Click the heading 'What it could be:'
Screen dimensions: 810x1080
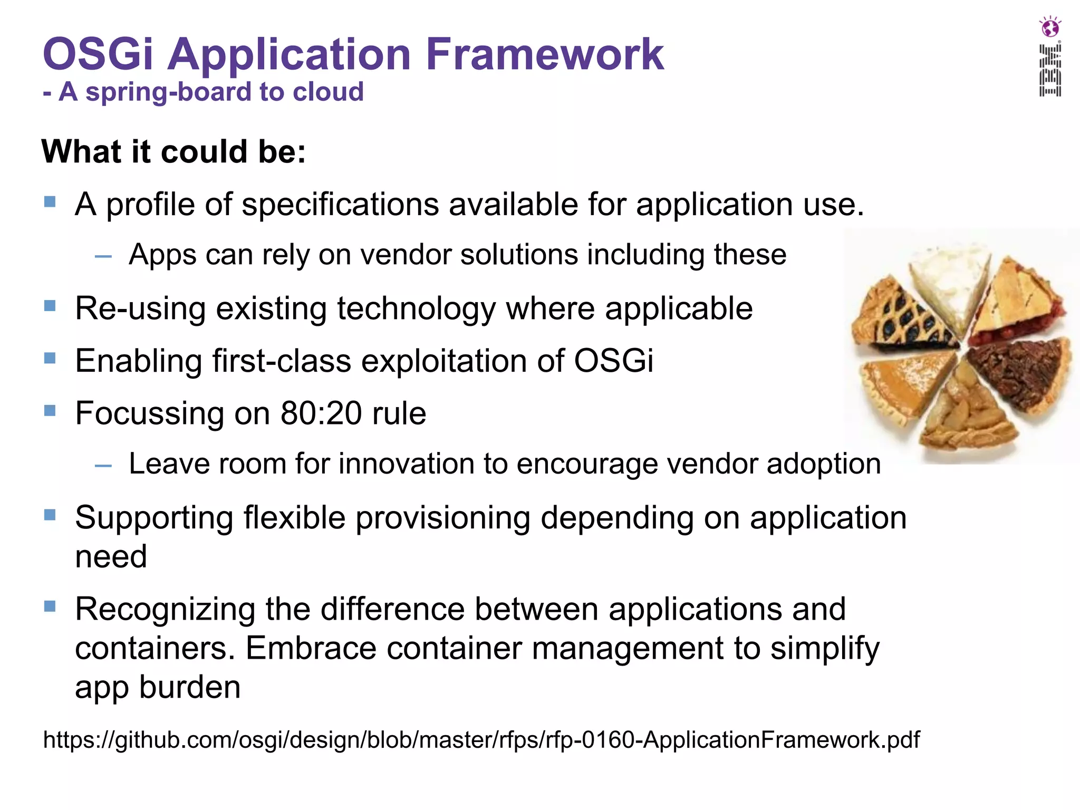173,152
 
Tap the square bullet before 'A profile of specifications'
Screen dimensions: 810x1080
50,202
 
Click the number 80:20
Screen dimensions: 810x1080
321,413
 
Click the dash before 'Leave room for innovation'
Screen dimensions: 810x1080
103,466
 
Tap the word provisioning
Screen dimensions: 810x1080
443,518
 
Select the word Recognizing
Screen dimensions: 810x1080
165,610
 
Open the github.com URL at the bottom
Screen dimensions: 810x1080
481,740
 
